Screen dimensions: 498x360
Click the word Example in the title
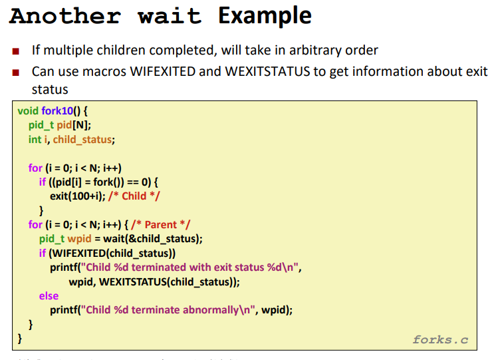[265, 16]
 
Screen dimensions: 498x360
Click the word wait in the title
[170, 16]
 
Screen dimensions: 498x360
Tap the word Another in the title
[65, 16]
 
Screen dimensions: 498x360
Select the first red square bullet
[15, 51]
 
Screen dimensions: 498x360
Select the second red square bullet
[15, 73]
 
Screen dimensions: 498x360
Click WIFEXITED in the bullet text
[163, 71]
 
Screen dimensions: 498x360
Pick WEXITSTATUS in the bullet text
[267, 71]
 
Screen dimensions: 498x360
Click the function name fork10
[57, 111]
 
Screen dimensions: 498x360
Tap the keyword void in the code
[28, 111]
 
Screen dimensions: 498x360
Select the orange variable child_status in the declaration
[82, 140]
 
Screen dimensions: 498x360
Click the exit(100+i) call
[77, 196]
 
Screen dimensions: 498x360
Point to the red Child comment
[134, 196]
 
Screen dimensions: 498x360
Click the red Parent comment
[161, 225]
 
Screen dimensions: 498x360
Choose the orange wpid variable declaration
[79, 239]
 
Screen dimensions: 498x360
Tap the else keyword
[49, 296]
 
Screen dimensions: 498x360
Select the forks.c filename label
[440, 339]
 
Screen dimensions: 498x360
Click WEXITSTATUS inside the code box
[133, 282]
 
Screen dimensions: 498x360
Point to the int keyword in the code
[35, 140]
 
